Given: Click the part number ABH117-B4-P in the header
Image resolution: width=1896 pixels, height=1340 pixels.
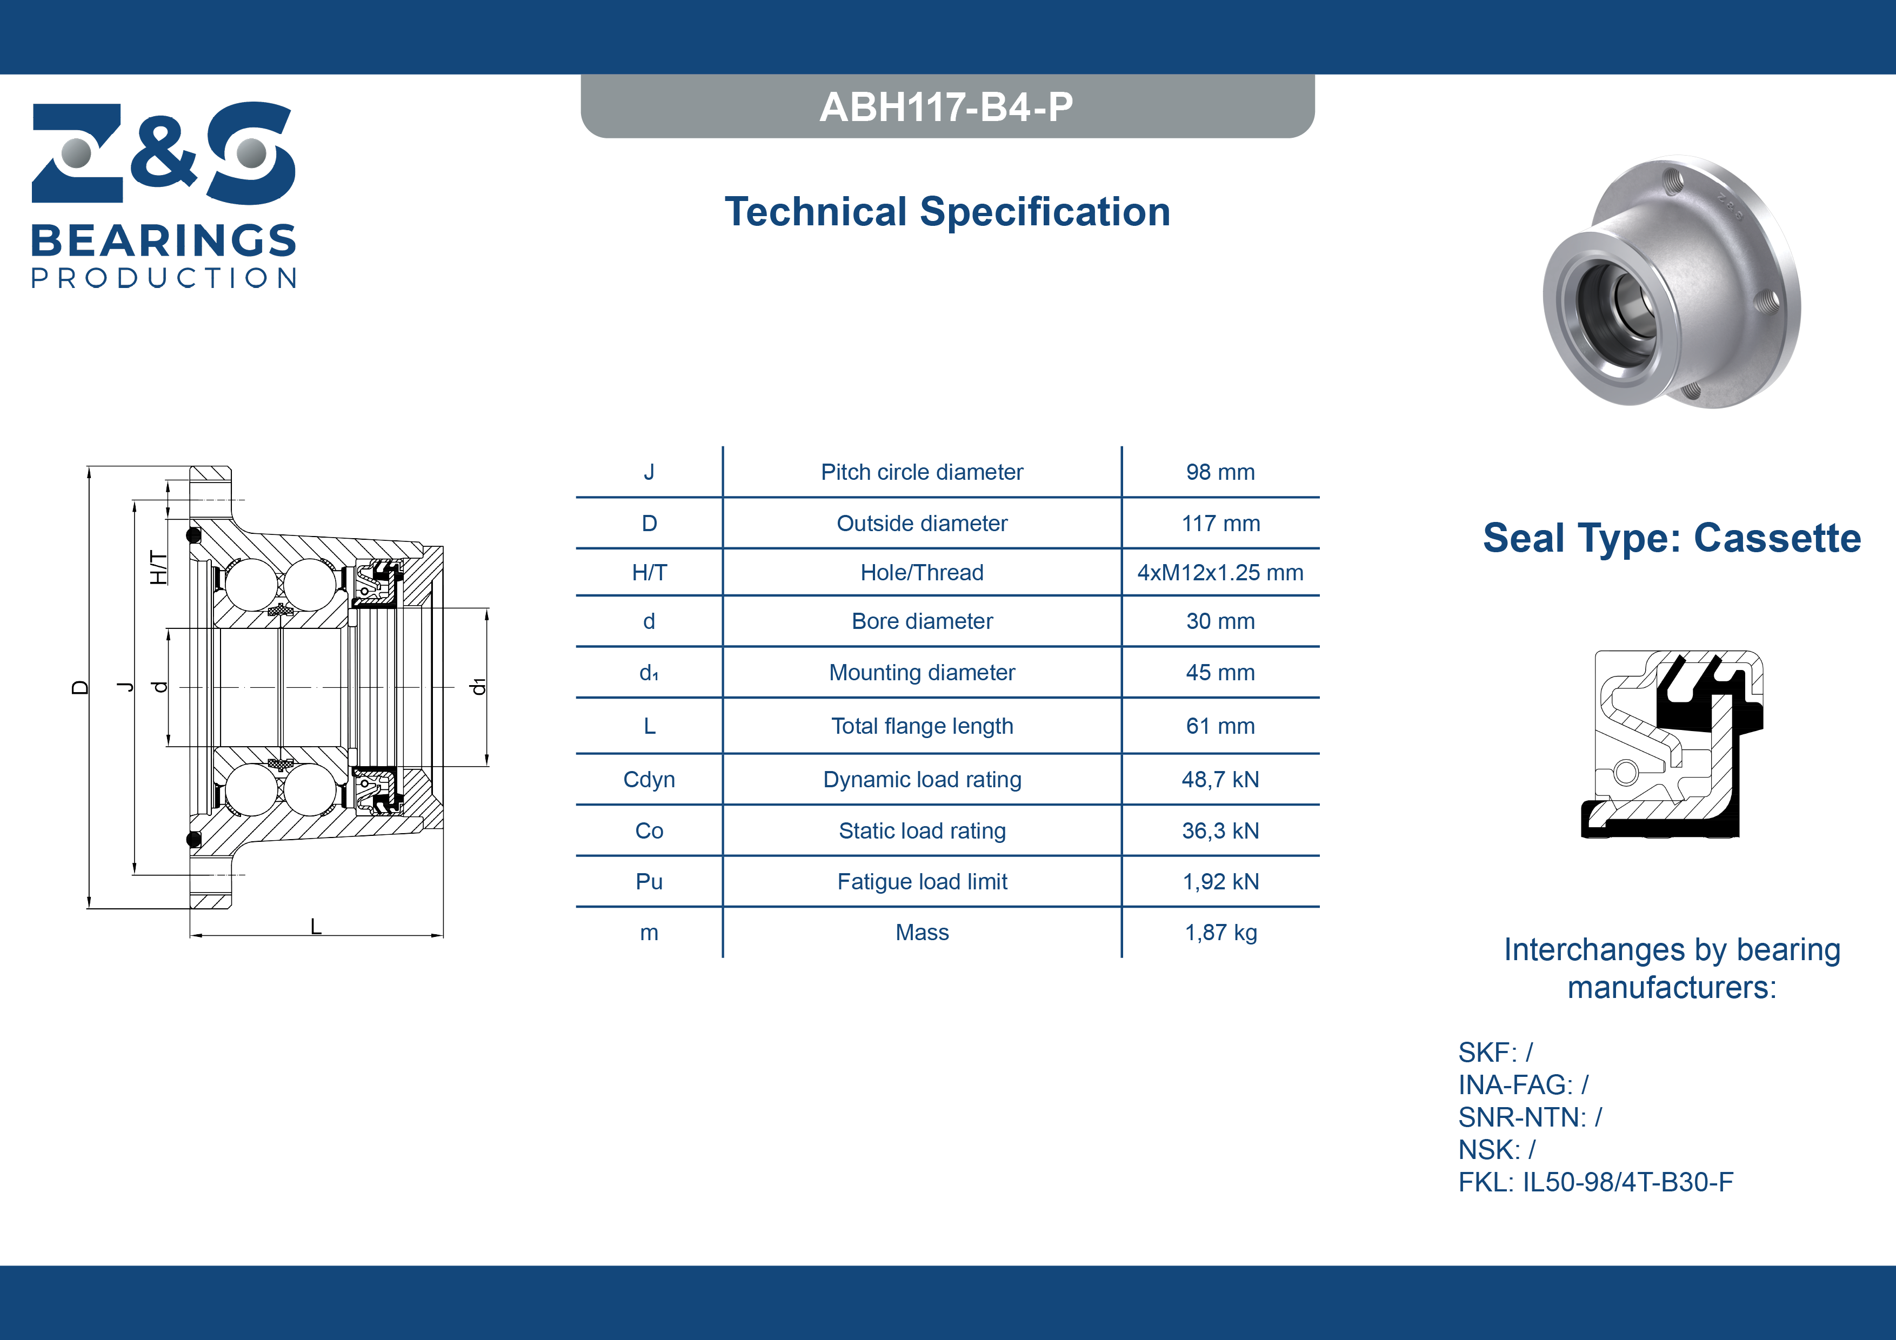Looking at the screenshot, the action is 946,106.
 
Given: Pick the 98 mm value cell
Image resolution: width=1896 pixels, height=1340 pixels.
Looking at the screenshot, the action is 1220,472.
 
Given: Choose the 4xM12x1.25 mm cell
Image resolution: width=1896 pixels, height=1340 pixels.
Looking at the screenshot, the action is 1220,572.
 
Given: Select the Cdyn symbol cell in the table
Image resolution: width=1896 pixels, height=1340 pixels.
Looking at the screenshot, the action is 649,779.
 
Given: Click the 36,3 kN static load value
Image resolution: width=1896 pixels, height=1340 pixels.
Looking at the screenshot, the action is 1220,830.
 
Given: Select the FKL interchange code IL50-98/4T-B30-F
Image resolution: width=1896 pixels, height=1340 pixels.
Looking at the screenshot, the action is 1627,1182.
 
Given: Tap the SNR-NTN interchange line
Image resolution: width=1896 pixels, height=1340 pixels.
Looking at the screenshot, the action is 1530,1117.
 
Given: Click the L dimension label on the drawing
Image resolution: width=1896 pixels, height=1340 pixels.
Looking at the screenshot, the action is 316,926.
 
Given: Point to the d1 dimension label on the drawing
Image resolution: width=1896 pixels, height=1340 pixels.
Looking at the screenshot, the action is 477,687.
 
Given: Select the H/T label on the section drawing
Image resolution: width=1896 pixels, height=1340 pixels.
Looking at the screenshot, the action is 158,567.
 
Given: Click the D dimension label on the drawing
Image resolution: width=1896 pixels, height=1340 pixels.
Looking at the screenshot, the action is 80,687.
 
